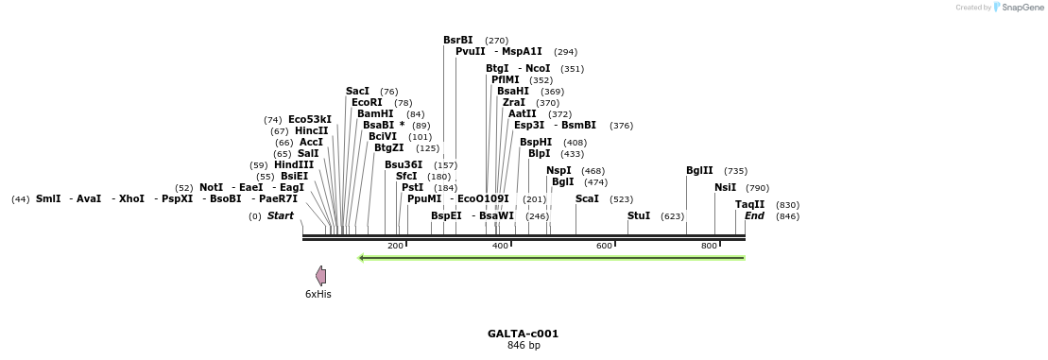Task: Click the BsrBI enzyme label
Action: (x=458, y=40)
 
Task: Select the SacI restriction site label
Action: (x=357, y=91)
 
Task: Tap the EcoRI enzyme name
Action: (x=367, y=102)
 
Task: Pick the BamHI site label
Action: (x=375, y=113)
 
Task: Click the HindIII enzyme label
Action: (x=294, y=164)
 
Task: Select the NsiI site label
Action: (x=725, y=187)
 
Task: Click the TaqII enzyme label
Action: (x=750, y=204)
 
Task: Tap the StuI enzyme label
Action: (x=639, y=215)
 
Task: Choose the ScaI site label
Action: (x=587, y=198)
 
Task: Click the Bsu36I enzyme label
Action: (x=404, y=164)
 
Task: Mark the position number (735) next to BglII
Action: (x=735, y=171)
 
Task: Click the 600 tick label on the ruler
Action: (x=604, y=246)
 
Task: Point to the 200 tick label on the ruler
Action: (x=395, y=246)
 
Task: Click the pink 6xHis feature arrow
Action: (x=321, y=275)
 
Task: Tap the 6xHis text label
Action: (x=318, y=294)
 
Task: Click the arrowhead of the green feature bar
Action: (x=360, y=257)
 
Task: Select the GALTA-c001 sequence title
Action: (x=523, y=334)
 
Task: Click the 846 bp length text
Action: (x=524, y=345)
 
